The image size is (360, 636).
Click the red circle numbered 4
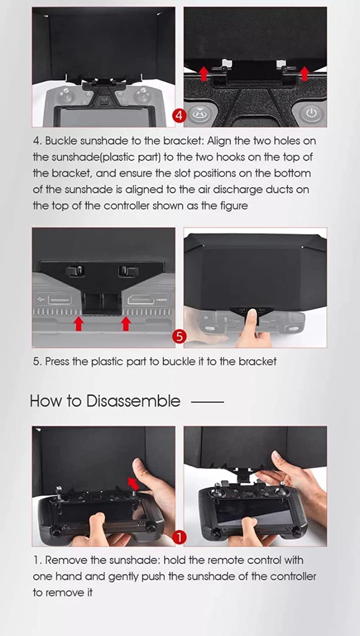pyautogui.click(x=179, y=115)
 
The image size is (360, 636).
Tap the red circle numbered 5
pyautogui.click(x=179, y=336)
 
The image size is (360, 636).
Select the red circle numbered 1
pyautogui.click(x=179, y=537)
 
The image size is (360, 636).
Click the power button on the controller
pyautogui.click(x=311, y=113)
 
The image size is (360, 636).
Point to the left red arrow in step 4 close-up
pyautogui.click(x=204, y=73)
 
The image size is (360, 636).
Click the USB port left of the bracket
pyautogui.click(x=60, y=299)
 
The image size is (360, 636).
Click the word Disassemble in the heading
pyautogui.click(x=133, y=401)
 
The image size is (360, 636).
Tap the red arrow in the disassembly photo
pyautogui.click(x=134, y=483)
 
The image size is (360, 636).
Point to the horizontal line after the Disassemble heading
pyautogui.click(x=207, y=402)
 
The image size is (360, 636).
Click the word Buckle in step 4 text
pyautogui.click(x=61, y=141)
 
